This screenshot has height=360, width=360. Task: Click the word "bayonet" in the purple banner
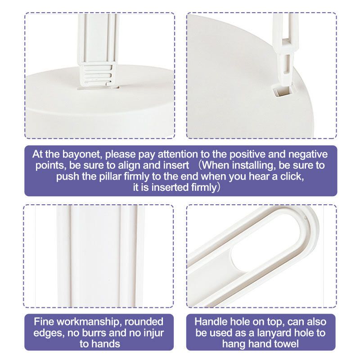[x=82, y=155]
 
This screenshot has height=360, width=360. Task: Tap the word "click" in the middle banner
[x=292, y=176]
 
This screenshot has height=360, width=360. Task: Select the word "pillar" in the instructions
[x=110, y=177]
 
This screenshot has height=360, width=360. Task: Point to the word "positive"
[x=247, y=154]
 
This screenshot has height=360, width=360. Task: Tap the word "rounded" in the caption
[x=144, y=322]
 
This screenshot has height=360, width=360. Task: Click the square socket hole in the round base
[x=282, y=91]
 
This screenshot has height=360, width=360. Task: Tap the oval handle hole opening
[x=265, y=242]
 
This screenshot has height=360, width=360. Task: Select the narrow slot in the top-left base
[x=98, y=88]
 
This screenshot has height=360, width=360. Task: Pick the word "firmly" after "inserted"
[x=204, y=188]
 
